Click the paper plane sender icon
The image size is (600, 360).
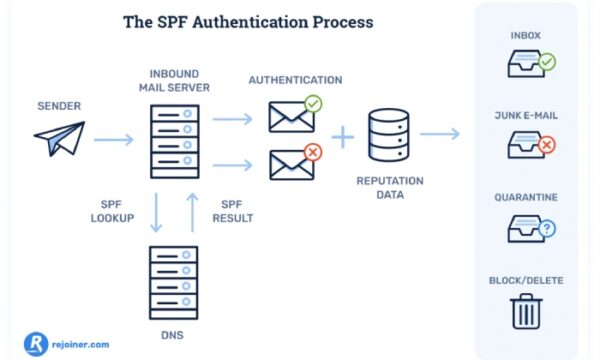point(59,139)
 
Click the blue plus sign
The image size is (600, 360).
point(342,137)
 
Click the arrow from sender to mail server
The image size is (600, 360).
point(113,139)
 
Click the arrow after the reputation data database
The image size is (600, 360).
point(440,134)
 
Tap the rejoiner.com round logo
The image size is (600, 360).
point(37,342)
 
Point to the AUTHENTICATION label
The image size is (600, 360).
point(295,80)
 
